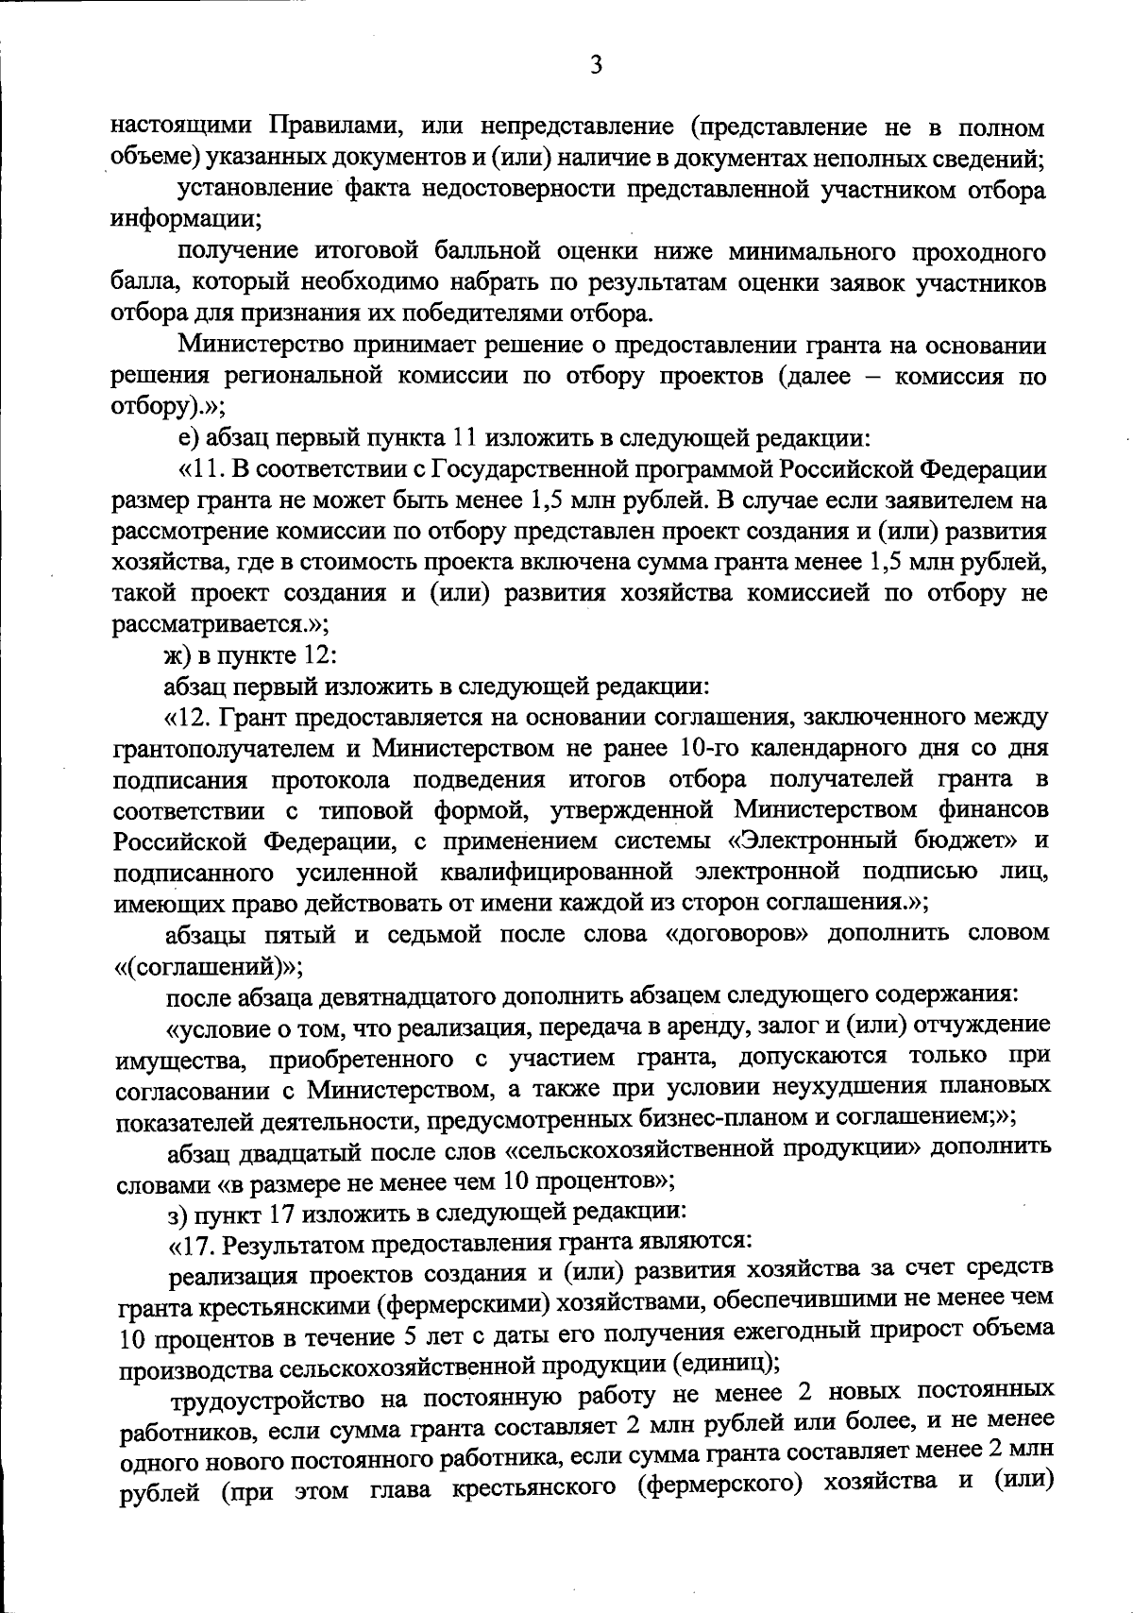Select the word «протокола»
[331, 779]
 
